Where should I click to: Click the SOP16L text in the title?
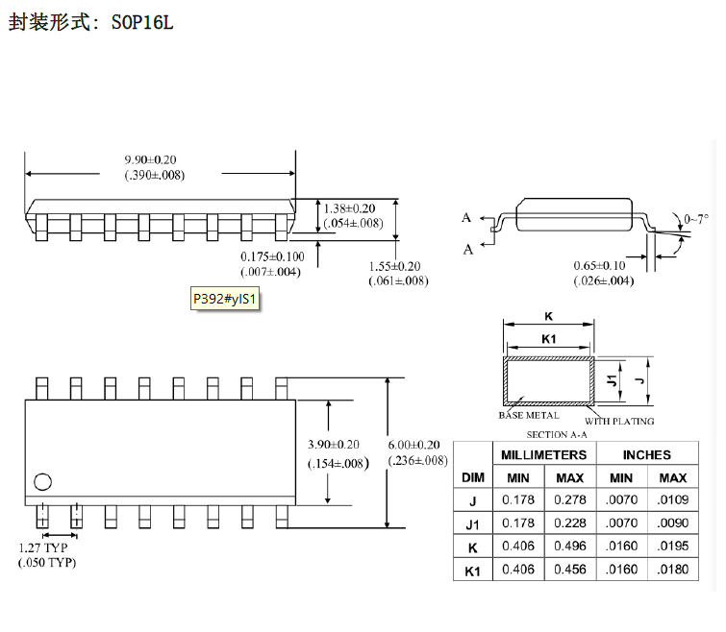142,22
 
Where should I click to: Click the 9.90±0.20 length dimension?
150,160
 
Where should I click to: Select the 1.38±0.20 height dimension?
349,208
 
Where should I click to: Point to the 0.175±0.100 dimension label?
272,256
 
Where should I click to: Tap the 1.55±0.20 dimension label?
395,266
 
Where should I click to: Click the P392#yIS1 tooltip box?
225,299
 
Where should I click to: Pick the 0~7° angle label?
696,218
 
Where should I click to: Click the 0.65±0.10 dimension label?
600,265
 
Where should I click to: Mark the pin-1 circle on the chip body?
42,482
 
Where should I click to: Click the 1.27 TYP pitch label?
43,547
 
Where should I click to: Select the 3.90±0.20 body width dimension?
334,445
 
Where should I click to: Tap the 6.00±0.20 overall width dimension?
413,445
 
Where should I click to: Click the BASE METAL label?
529,415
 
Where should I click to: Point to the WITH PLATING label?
619,422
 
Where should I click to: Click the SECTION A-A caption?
557,434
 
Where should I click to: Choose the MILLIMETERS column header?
544,455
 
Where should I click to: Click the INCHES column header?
647,455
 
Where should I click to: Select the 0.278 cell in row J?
570,499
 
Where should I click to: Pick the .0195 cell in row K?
673,546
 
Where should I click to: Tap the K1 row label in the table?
472,571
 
